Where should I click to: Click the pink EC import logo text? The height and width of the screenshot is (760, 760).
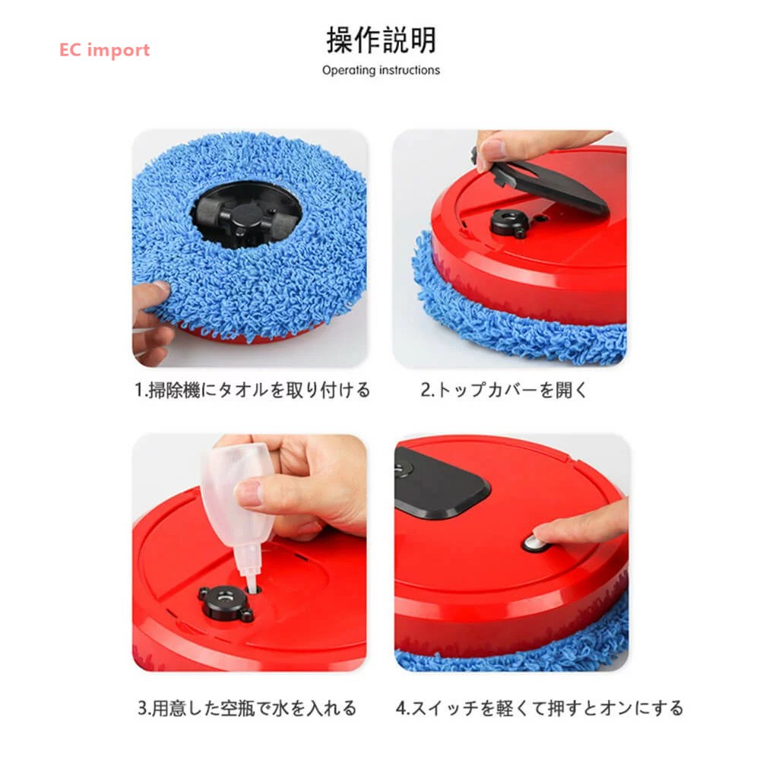click(x=104, y=50)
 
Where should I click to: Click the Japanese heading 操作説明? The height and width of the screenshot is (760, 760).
click(x=381, y=40)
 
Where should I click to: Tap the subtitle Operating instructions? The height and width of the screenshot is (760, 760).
click(x=381, y=70)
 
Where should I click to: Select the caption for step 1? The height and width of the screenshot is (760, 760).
click(x=252, y=390)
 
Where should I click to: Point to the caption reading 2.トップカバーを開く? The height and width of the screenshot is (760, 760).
click(x=504, y=390)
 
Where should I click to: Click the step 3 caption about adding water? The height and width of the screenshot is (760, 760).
click(x=247, y=708)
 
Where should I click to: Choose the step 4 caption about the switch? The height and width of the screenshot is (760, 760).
click(x=540, y=708)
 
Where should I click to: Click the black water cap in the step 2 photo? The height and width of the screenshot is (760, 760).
click(x=509, y=223)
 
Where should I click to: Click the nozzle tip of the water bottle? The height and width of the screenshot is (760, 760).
click(x=251, y=587)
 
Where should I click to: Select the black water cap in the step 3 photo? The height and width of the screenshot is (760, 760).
click(x=225, y=603)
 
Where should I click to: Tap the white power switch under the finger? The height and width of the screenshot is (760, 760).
click(x=534, y=543)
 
